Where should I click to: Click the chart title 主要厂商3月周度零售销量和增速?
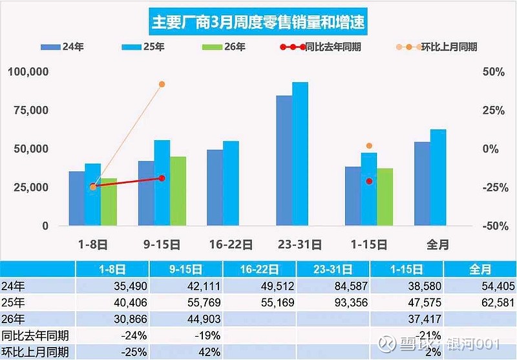[258, 22]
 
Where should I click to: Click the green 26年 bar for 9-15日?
[178, 191]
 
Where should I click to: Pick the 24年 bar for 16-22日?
[215, 187]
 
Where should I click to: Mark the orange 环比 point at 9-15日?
[162, 85]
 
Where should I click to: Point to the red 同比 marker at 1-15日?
[370, 182]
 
